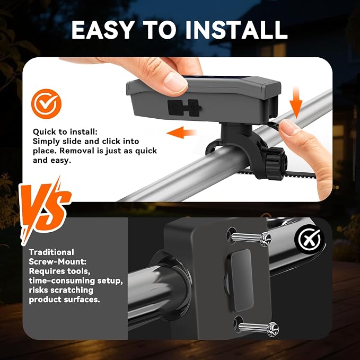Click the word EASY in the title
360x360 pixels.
(x=103, y=30)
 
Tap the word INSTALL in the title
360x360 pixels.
(x=236, y=30)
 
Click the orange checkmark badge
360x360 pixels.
(x=46, y=104)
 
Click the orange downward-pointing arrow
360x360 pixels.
(x=296, y=103)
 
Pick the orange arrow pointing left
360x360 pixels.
(x=181, y=133)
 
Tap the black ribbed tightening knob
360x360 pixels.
(x=276, y=163)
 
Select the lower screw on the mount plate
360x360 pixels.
(x=258, y=328)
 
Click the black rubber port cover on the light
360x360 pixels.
(x=185, y=108)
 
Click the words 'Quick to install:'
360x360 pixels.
(x=65, y=132)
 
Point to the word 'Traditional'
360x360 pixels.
(x=51, y=252)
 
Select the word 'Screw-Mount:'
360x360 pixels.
(x=58, y=261)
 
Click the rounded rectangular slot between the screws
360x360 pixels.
(x=242, y=280)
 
